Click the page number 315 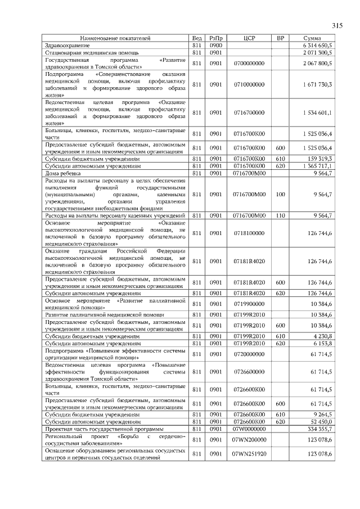coord(337,25)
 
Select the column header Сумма coord(312,38)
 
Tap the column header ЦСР coord(249,38)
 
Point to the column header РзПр coord(216,38)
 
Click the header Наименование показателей coord(115,38)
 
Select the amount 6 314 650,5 coord(317,44)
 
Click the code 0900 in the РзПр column coord(216,44)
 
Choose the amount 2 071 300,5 coord(317,52)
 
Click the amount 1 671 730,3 coord(317,84)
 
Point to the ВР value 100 coord(280,194)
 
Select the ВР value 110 coord(280,215)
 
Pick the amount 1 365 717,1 coord(317,166)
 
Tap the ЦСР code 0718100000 coord(249,233)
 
